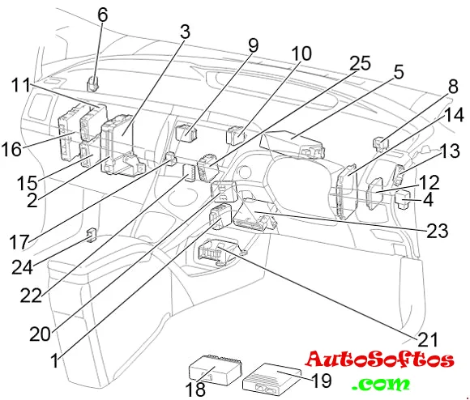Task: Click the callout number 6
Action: point(103,15)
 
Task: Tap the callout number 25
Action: point(360,63)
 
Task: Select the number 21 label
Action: point(428,339)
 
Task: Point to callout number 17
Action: point(19,242)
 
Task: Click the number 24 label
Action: point(22,267)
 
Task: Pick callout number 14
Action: point(454,115)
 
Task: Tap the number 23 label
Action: point(438,231)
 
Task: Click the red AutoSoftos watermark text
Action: point(380,360)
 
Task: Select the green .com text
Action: point(381,384)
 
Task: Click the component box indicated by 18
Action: point(215,370)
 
